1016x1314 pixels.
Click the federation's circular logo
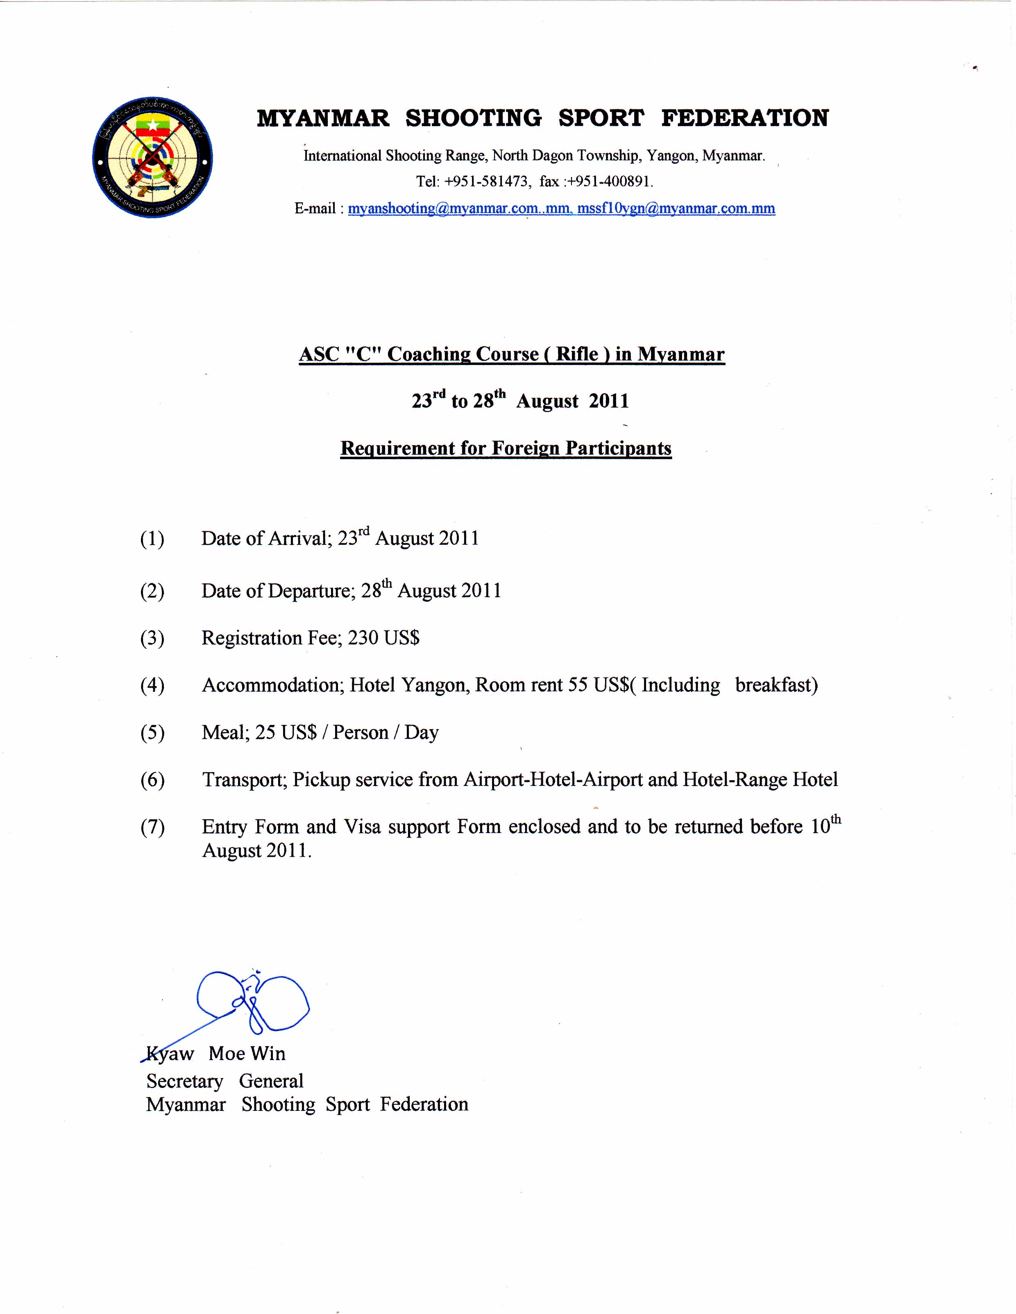coord(152,158)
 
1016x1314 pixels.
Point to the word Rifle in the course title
coord(576,354)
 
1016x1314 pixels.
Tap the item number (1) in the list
coord(152,539)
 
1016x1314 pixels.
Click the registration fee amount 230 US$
coord(383,638)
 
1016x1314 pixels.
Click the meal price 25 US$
coord(286,733)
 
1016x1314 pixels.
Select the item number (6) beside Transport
coord(152,780)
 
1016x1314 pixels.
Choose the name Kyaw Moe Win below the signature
coord(216,1053)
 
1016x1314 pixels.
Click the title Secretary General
coord(225,1081)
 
